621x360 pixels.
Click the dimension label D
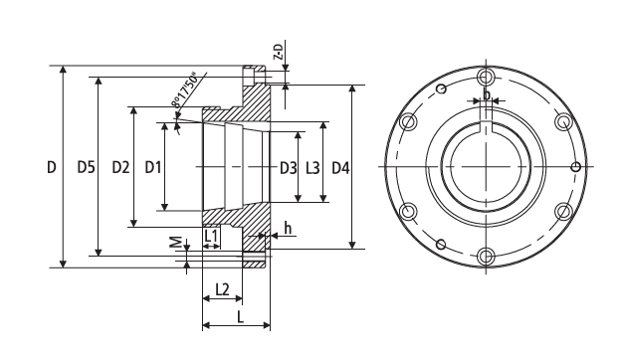tap(52, 167)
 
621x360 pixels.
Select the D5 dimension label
tap(86, 167)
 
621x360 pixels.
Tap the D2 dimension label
tap(120, 167)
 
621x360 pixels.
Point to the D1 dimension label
tap(153, 167)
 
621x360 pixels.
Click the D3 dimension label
tap(289, 168)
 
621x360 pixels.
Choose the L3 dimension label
tap(312, 168)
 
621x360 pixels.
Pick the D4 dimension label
tap(340, 168)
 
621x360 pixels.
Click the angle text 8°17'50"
tap(184, 90)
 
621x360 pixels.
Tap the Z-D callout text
tap(280, 52)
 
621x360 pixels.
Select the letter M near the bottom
tap(176, 242)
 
